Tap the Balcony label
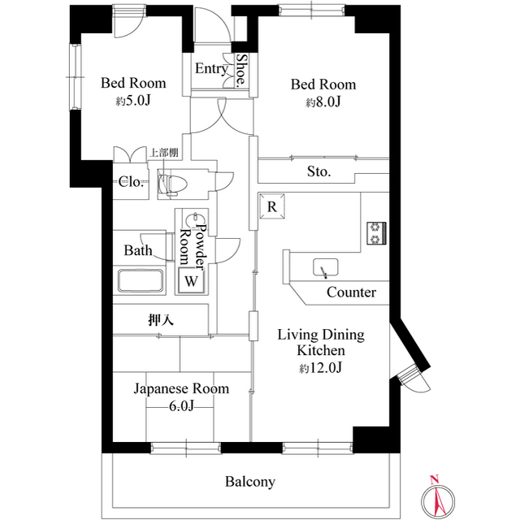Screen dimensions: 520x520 pyautogui.click(x=249, y=482)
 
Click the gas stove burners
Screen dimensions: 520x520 pyautogui.click(x=377, y=232)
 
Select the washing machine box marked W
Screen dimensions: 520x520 pyautogui.click(x=191, y=281)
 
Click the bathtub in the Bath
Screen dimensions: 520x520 pyautogui.click(x=142, y=282)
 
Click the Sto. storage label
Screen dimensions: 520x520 pyautogui.click(x=318, y=171)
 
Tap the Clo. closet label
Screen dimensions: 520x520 pyautogui.click(x=132, y=182)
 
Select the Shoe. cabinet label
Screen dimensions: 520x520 pyautogui.click(x=241, y=71)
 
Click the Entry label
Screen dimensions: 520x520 pyautogui.click(x=211, y=69)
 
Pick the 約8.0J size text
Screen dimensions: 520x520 pyautogui.click(x=323, y=103)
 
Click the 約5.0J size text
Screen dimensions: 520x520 pyautogui.click(x=132, y=102)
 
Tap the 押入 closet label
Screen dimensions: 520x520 pyautogui.click(x=161, y=320)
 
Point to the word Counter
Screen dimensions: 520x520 pyautogui.click(x=351, y=292)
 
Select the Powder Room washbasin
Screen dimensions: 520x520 pyautogui.click(x=195, y=220)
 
